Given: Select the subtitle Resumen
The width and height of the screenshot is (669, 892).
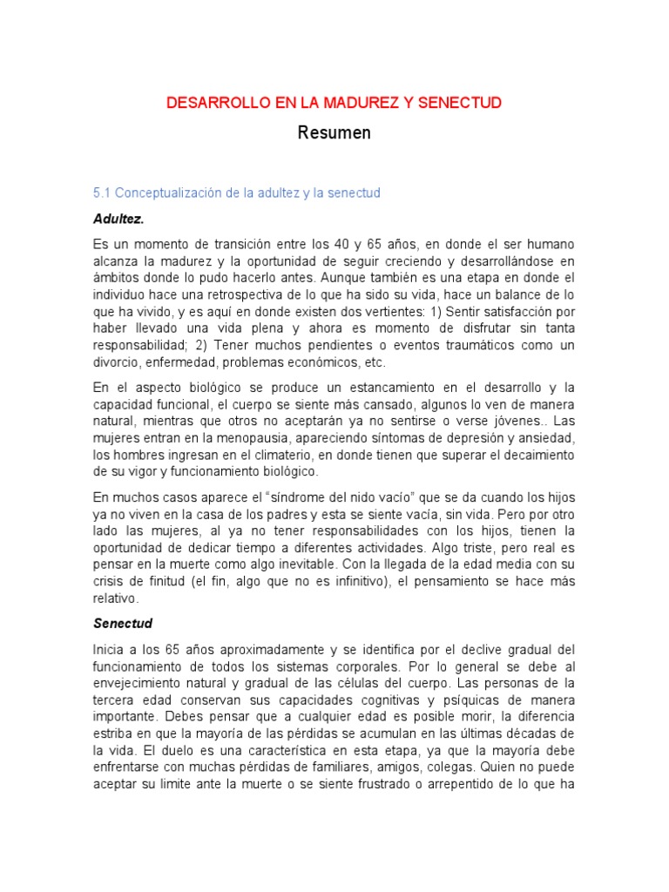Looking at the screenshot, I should coord(334,133).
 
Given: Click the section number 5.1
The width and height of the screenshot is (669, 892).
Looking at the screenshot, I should coord(102,193).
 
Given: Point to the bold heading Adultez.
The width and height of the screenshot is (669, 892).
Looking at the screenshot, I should coord(118,217).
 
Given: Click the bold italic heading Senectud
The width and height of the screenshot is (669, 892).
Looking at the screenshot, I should coord(123,624).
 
